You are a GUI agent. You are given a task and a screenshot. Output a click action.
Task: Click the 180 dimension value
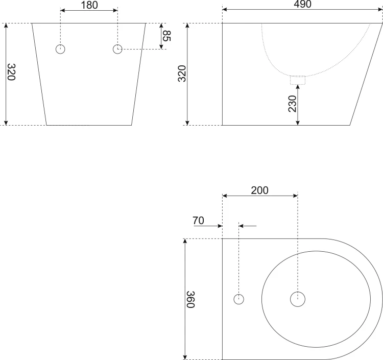tap(89, 5)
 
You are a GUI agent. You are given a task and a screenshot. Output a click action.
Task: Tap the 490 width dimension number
tap(302, 4)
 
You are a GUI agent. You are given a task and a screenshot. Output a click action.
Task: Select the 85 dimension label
tap(167, 36)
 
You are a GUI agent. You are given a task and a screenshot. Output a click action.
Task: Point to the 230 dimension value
tap(292, 104)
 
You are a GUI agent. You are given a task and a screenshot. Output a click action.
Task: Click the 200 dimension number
tap(259, 190)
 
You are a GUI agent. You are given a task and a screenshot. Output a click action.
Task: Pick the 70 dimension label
tap(198, 221)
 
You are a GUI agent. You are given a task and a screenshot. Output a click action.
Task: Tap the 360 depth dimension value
tap(190, 299)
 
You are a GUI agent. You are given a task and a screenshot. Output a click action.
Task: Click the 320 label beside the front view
tap(11, 72)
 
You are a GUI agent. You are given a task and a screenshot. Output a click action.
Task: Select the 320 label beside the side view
tap(182, 74)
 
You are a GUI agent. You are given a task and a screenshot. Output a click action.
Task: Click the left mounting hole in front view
tap(60, 49)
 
